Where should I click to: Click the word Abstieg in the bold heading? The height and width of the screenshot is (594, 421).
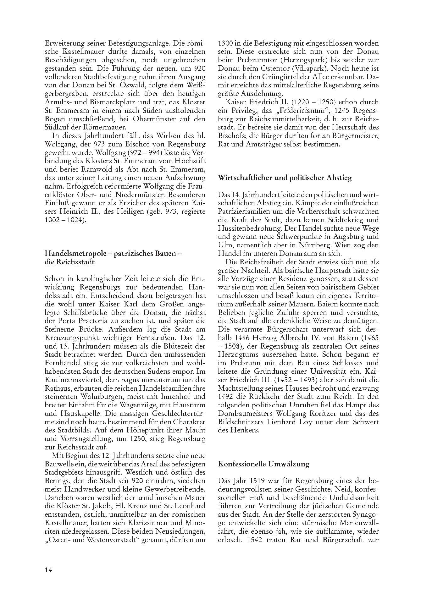pos(340,178)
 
